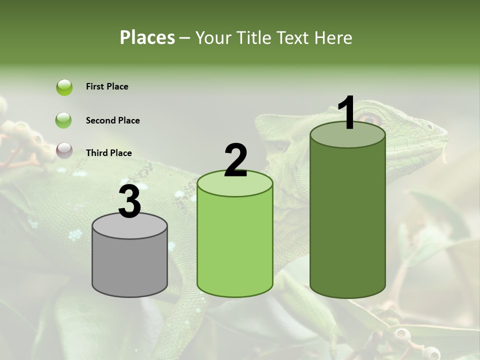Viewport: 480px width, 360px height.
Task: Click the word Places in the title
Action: click(147, 37)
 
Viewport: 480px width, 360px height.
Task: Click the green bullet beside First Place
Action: click(64, 87)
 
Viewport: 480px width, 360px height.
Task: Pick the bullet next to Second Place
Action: click(64, 120)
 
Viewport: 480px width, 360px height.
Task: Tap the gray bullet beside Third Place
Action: click(64, 150)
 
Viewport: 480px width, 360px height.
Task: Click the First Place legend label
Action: click(107, 86)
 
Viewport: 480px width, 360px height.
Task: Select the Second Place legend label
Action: click(112, 120)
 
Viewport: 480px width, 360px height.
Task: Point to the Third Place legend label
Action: click(109, 153)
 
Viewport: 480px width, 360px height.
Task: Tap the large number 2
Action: click(235, 160)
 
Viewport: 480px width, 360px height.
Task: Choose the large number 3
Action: click(129, 202)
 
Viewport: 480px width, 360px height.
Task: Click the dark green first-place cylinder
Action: click(347, 220)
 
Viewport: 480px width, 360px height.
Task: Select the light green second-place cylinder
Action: click(235, 245)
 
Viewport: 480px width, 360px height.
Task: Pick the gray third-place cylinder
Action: click(129, 265)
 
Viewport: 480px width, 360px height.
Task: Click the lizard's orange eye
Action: click(370, 119)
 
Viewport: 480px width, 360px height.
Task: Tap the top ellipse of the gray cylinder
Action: click(129, 226)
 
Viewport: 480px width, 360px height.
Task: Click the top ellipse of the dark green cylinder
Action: click(347, 135)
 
